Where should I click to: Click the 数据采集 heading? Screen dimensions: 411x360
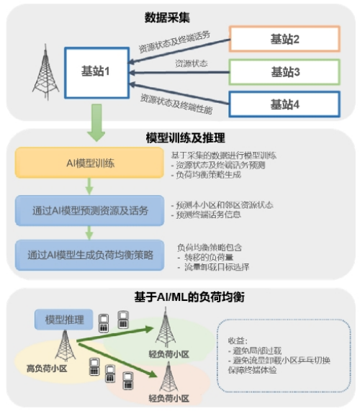coord(179,16)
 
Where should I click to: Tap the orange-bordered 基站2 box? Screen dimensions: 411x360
coord(284,39)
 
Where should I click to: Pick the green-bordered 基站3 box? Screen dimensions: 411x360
coord(284,72)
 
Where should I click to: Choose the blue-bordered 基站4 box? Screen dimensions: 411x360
coord(284,104)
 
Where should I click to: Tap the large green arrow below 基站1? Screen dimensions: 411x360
coord(96,122)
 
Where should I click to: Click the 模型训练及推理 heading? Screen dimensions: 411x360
coord(180,137)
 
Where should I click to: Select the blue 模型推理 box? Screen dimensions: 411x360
coord(63,319)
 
